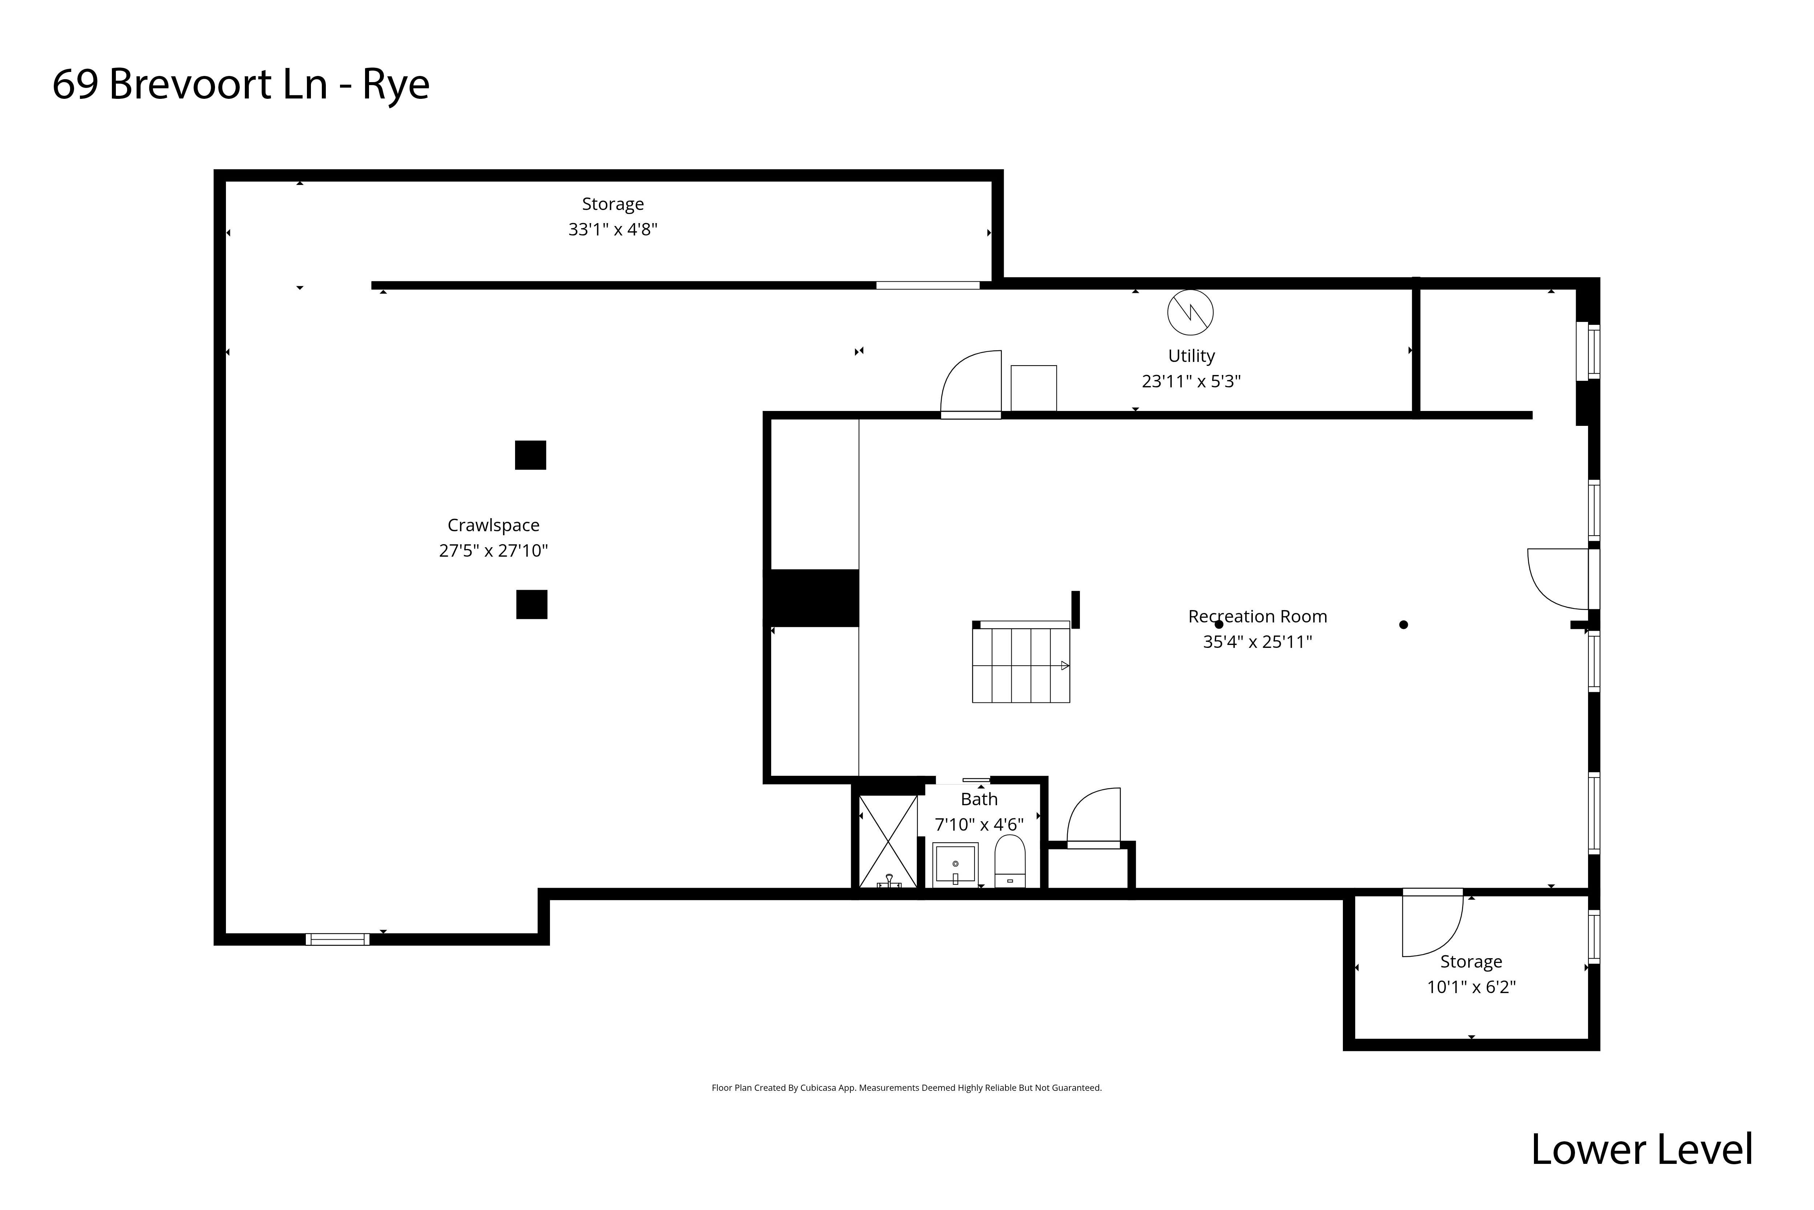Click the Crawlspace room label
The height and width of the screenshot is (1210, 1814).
click(494, 525)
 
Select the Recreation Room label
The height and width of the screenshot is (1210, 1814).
click(1257, 617)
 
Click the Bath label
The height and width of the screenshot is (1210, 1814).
click(979, 799)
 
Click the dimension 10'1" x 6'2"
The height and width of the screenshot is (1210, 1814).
click(1471, 987)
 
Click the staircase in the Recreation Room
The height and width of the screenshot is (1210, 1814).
click(1020, 664)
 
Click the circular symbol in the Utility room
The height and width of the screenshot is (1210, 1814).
click(1190, 312)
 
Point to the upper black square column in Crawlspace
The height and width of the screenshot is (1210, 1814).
click(531, 455)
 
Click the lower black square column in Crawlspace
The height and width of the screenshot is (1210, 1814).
click(531, 604)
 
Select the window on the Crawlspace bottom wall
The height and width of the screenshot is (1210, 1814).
click(337, 939)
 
